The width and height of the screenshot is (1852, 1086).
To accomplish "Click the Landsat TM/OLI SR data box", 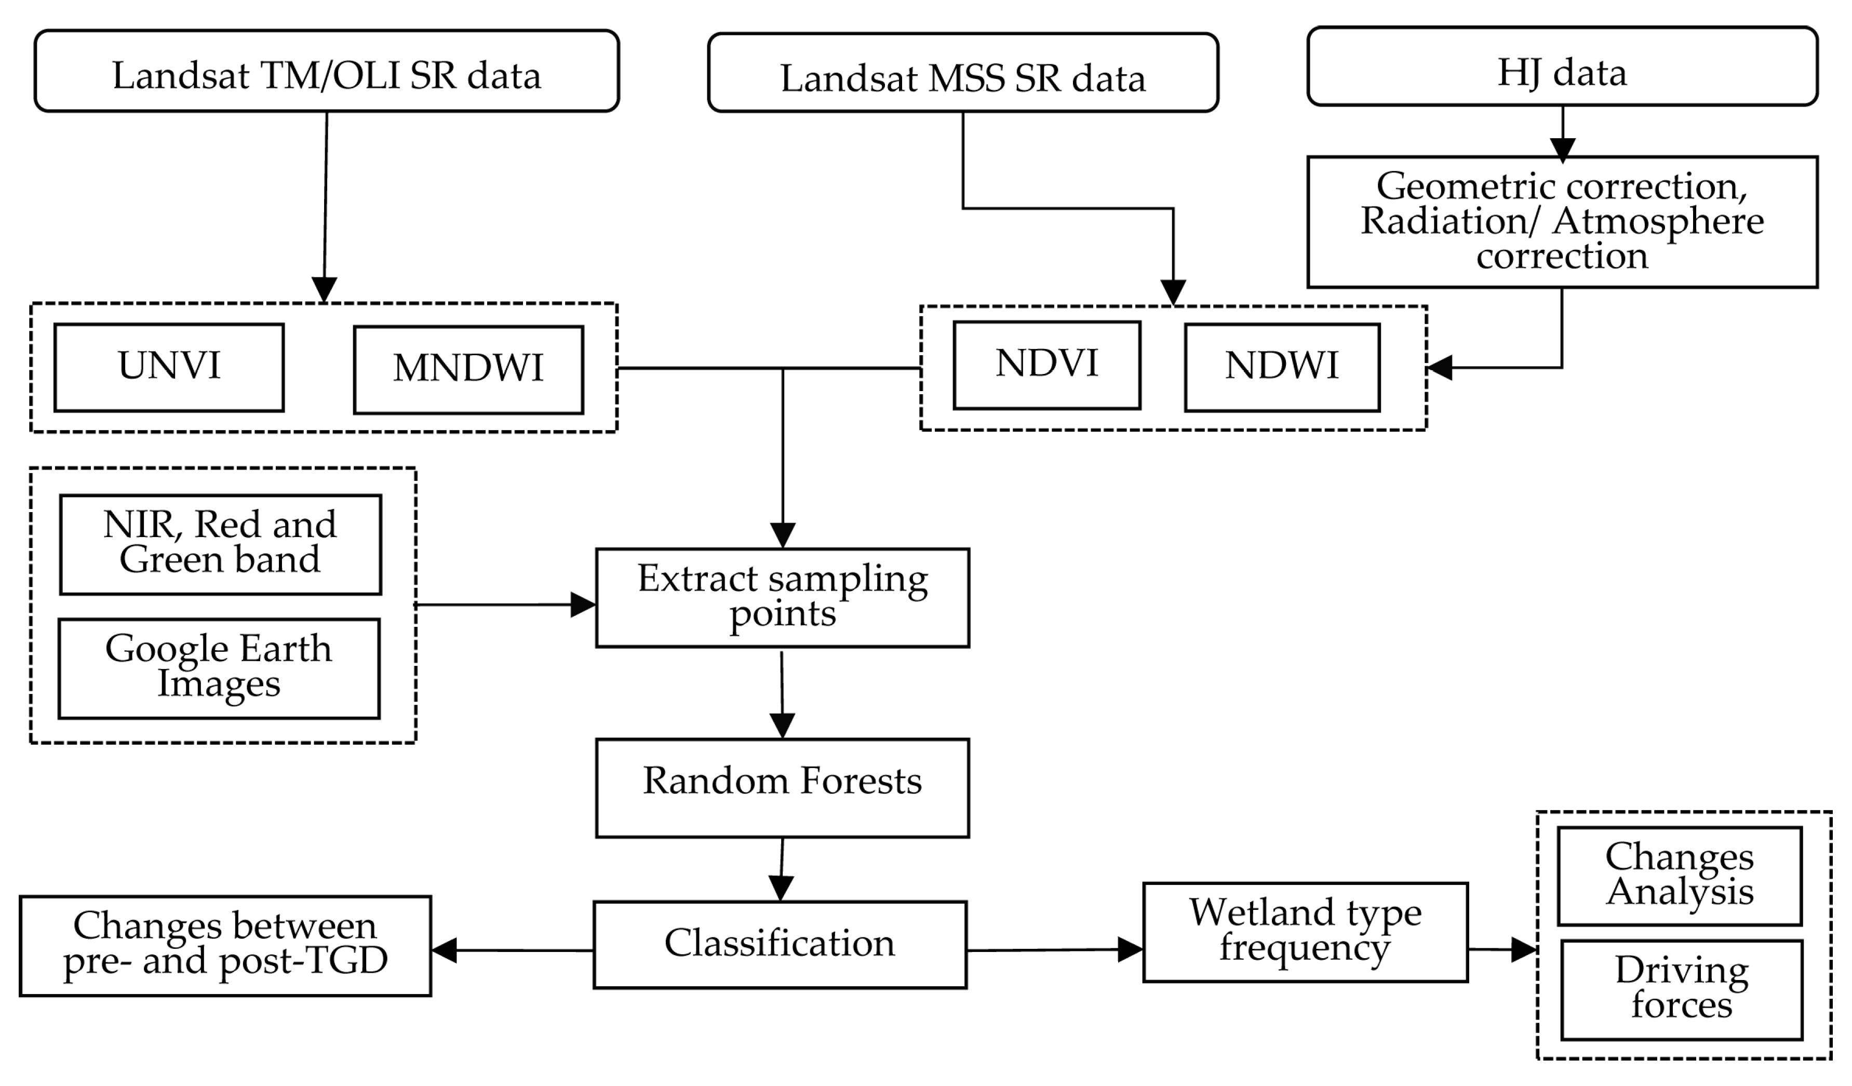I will click(326, 71).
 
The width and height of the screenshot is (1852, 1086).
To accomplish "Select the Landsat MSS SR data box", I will click(963, 73).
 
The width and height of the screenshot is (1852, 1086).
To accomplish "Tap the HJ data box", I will click(1562, 67).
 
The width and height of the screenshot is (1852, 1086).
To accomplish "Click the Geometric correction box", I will click(1562, 222).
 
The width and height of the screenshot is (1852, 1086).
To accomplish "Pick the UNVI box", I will click(169, 367).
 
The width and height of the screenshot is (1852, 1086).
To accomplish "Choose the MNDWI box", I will click(468, 370).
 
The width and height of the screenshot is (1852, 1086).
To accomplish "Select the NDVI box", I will click(1046, 365).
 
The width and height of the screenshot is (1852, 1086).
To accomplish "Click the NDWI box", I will click(1282, 367).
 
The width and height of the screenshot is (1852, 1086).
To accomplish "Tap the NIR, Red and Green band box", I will click(221, 544).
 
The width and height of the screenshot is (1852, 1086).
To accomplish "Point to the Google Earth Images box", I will click(219, 668).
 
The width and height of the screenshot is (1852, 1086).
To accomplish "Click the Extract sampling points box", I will click(782, 597).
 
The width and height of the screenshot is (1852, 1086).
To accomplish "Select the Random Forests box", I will click(782, 788).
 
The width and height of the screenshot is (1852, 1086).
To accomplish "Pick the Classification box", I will click(780, 945).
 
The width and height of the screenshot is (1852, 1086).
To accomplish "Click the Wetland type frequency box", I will click(1305, 932).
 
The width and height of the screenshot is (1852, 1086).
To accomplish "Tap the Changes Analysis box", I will click(1679, 876).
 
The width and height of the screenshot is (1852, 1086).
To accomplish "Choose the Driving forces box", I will click(1682, 990).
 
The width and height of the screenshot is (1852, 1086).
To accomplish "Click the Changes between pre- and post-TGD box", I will click(225, 946).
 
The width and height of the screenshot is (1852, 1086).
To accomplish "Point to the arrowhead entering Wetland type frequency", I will click(1130, 949).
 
